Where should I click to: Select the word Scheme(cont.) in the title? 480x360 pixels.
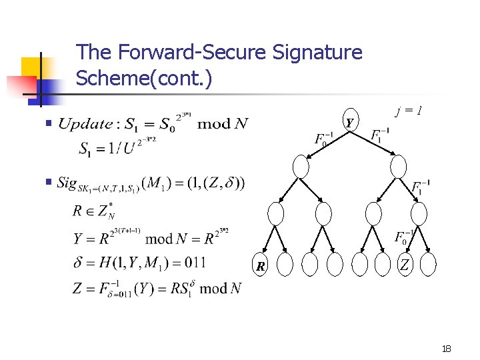[x=144, y=79]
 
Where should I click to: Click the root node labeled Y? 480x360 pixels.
[x=350, y=122]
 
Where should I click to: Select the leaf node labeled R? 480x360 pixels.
[x=261, y=265]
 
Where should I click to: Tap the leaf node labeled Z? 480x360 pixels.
[x=404, y=265]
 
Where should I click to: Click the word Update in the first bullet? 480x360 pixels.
[x=85, y=123]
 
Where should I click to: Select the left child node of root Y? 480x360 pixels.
[x=301, y=166]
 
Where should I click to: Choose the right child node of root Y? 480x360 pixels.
[x=399, y=166]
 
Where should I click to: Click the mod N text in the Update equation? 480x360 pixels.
[x=223, y=124]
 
